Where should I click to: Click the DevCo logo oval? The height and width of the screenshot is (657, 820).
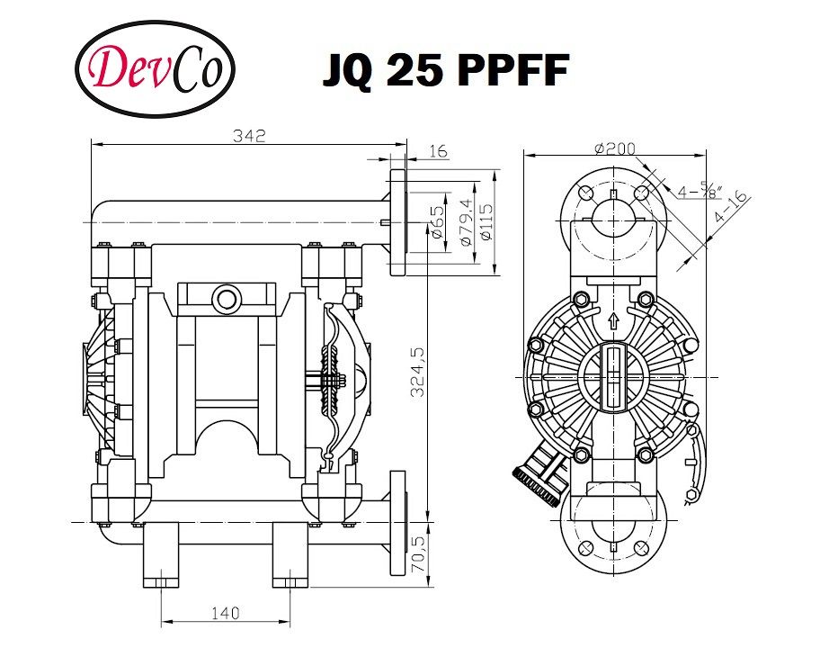coord(156,69)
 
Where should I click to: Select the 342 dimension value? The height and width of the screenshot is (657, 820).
coord(249,136)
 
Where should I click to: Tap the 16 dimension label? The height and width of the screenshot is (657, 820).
coord(437,152)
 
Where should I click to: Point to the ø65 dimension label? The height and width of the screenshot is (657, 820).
coord(436,221)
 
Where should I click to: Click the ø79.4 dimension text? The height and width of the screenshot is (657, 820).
coord(464,220)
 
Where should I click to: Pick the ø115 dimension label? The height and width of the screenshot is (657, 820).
coord(486,221)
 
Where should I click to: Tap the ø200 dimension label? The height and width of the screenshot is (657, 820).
coord(613,148)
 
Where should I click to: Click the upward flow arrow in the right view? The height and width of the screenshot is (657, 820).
coord(614,319)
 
